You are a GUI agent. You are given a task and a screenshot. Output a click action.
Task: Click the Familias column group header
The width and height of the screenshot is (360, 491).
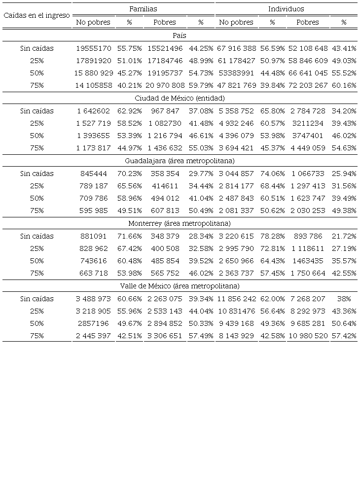143,9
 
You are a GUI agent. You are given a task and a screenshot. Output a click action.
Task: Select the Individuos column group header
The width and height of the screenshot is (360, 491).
286,9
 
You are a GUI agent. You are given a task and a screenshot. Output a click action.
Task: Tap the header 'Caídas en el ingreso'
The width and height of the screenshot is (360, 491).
37,15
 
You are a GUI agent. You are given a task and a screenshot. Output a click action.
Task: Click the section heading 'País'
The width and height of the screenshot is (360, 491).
180,35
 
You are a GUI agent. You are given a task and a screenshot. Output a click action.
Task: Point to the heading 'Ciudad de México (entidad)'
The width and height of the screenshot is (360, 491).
180,98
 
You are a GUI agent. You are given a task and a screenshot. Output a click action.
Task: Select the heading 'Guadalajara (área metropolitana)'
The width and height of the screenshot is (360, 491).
180,161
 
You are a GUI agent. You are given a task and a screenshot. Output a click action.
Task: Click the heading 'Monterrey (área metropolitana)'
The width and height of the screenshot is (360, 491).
180,223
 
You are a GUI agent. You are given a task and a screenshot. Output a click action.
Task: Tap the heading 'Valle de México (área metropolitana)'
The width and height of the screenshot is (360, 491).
180,286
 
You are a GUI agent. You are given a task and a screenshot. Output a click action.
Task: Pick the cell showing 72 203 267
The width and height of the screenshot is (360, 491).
308,85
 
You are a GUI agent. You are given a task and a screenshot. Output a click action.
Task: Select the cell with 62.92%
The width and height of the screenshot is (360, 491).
130,111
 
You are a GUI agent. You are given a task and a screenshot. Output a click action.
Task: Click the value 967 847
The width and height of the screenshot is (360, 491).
165,111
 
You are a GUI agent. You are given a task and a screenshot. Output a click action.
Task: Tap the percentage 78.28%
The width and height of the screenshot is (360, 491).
272,236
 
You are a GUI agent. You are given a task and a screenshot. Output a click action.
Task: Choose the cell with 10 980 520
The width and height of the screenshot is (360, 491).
308,336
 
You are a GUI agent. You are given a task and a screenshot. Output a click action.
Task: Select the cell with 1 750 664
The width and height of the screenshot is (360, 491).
308,273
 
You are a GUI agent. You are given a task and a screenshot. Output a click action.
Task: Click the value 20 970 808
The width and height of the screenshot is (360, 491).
165,85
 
